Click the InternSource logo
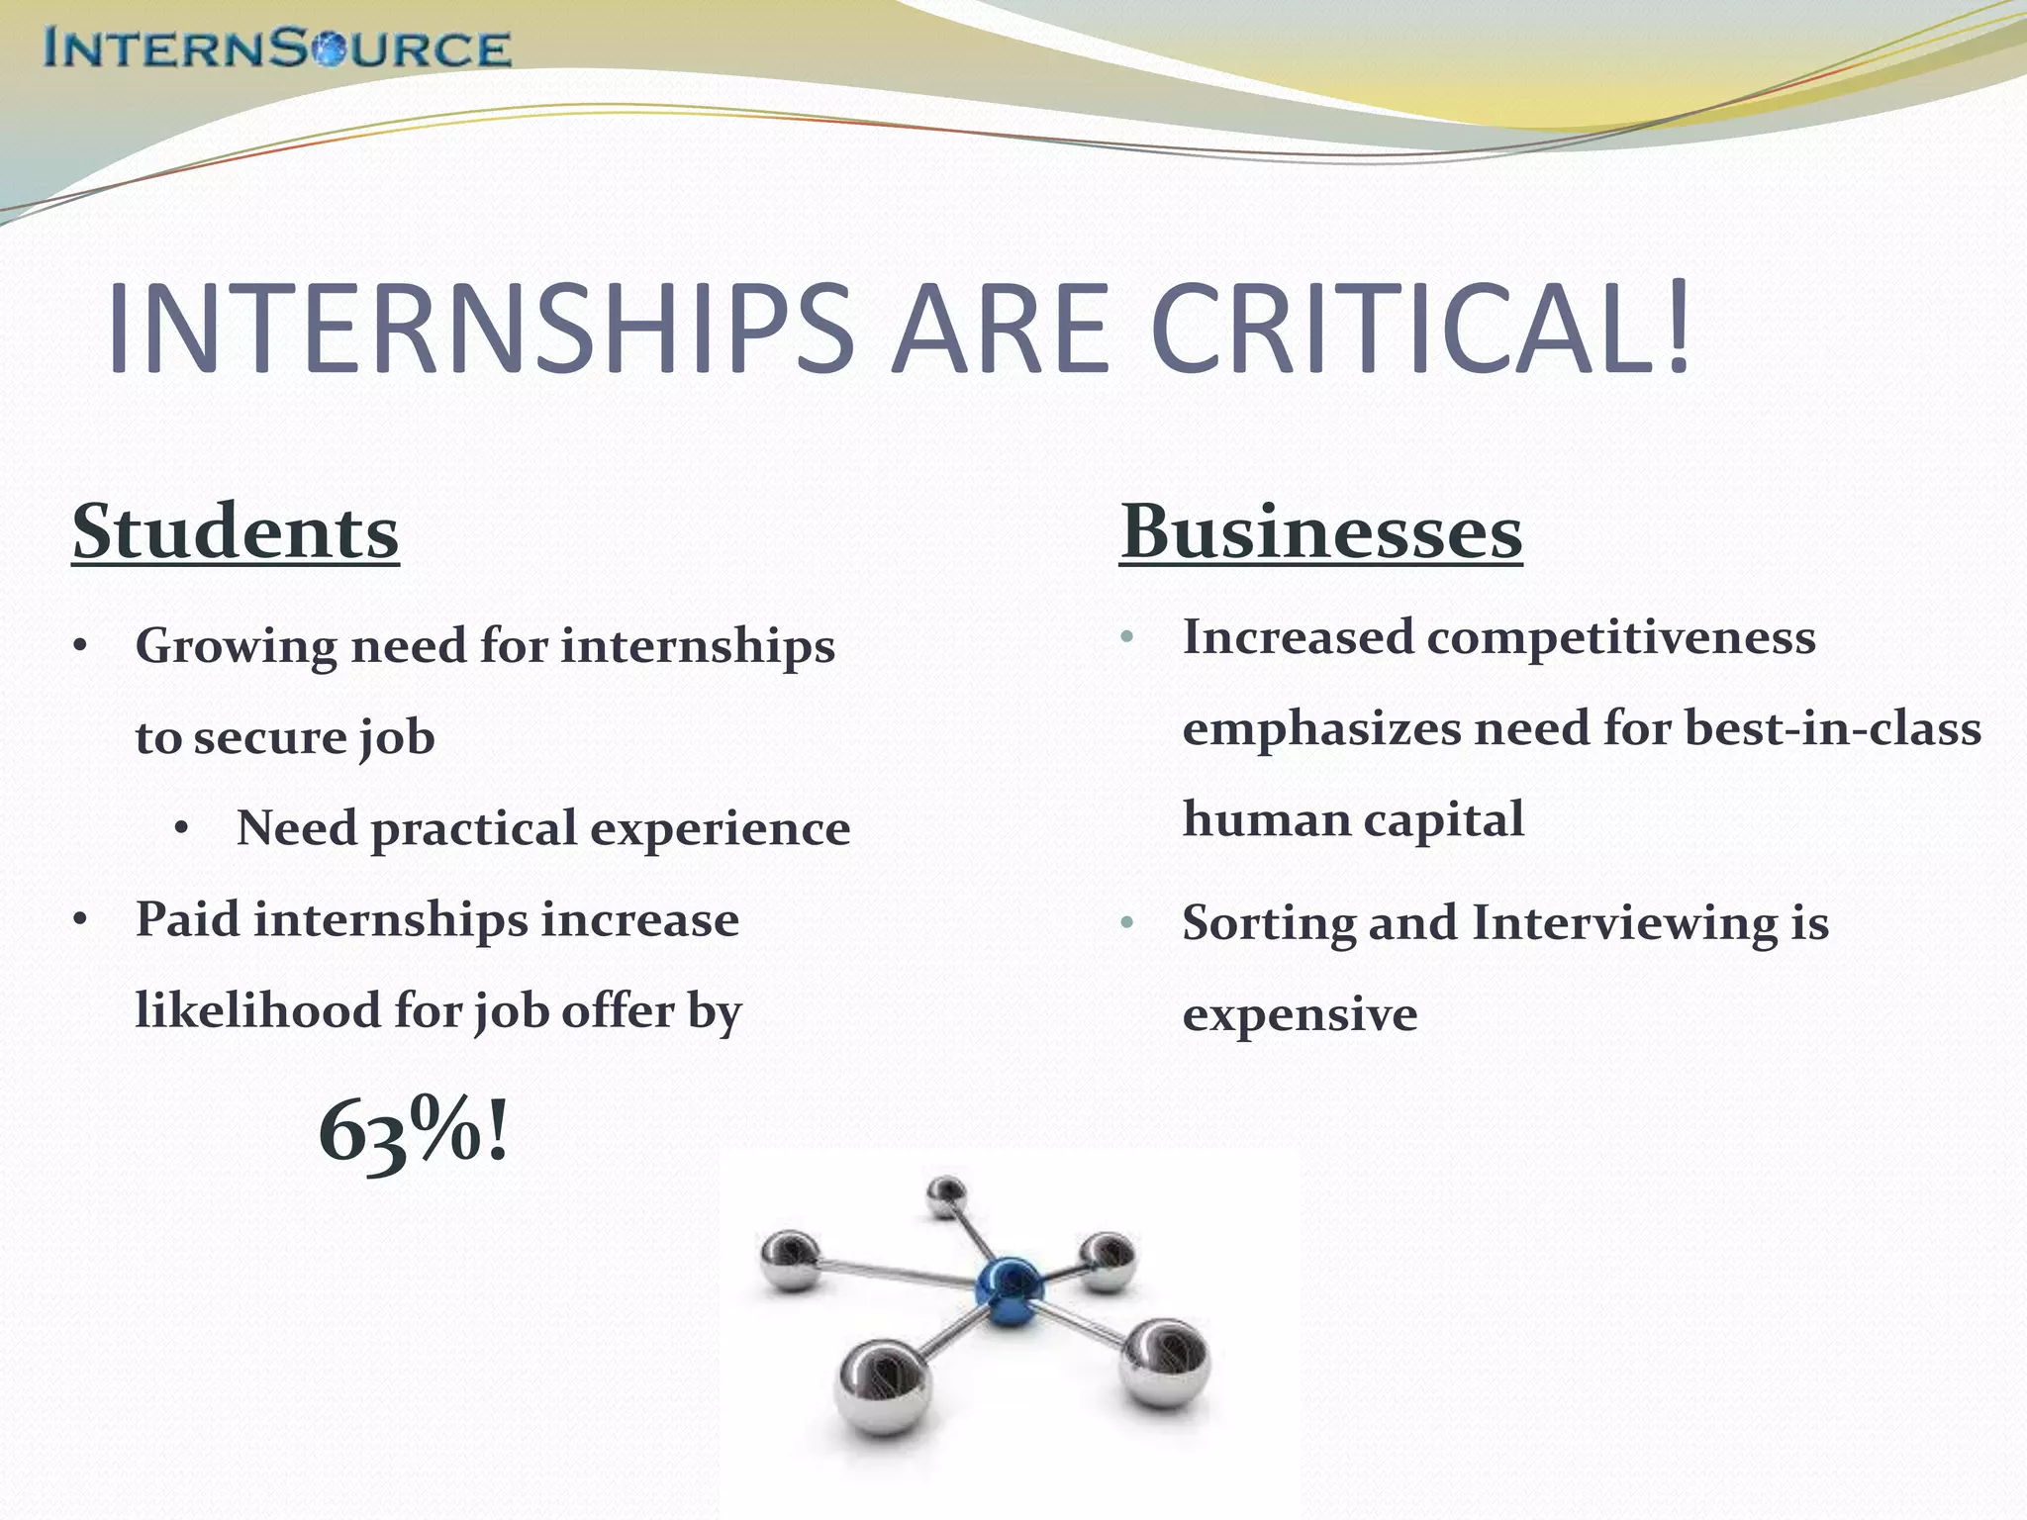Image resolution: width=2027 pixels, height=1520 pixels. [277, 48]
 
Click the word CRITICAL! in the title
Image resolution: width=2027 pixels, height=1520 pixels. [1420, 330]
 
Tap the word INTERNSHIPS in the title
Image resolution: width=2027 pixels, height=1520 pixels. [480, 330]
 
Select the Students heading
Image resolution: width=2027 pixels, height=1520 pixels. [236, 532]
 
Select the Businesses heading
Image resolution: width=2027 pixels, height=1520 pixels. [1321, 532]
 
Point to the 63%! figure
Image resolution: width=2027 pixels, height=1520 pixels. [414, 1131]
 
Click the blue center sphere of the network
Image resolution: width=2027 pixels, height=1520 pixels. [1009, 1287]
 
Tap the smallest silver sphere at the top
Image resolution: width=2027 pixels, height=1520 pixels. [947, 1195]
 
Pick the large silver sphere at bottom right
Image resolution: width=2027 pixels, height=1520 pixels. [1165, 1365]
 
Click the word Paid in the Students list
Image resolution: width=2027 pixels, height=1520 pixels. [187, 919]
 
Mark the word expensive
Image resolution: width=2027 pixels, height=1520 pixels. [1300, 1015]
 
